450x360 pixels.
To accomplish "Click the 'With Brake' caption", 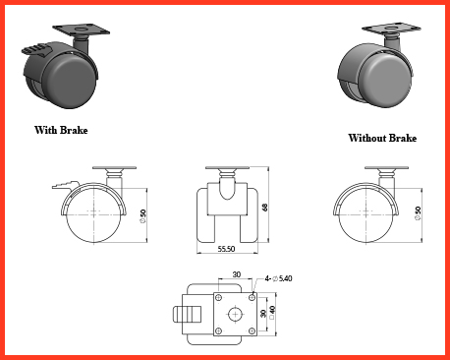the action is click(61, 130).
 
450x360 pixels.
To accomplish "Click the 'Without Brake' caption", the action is click(382, 138).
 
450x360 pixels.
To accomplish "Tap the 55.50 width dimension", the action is click(226, 249).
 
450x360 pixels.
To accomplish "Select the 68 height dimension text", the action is click(264, 208).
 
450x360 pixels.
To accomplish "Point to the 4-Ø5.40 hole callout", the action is click(278, 278).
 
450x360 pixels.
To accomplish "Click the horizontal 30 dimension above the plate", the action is click(237, 274).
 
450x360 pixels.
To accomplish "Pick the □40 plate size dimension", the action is click(272, 313).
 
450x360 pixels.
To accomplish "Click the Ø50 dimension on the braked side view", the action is click(142, 216).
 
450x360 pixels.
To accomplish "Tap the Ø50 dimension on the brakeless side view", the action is click(418, 213).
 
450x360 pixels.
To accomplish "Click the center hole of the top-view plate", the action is click(235, 315).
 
